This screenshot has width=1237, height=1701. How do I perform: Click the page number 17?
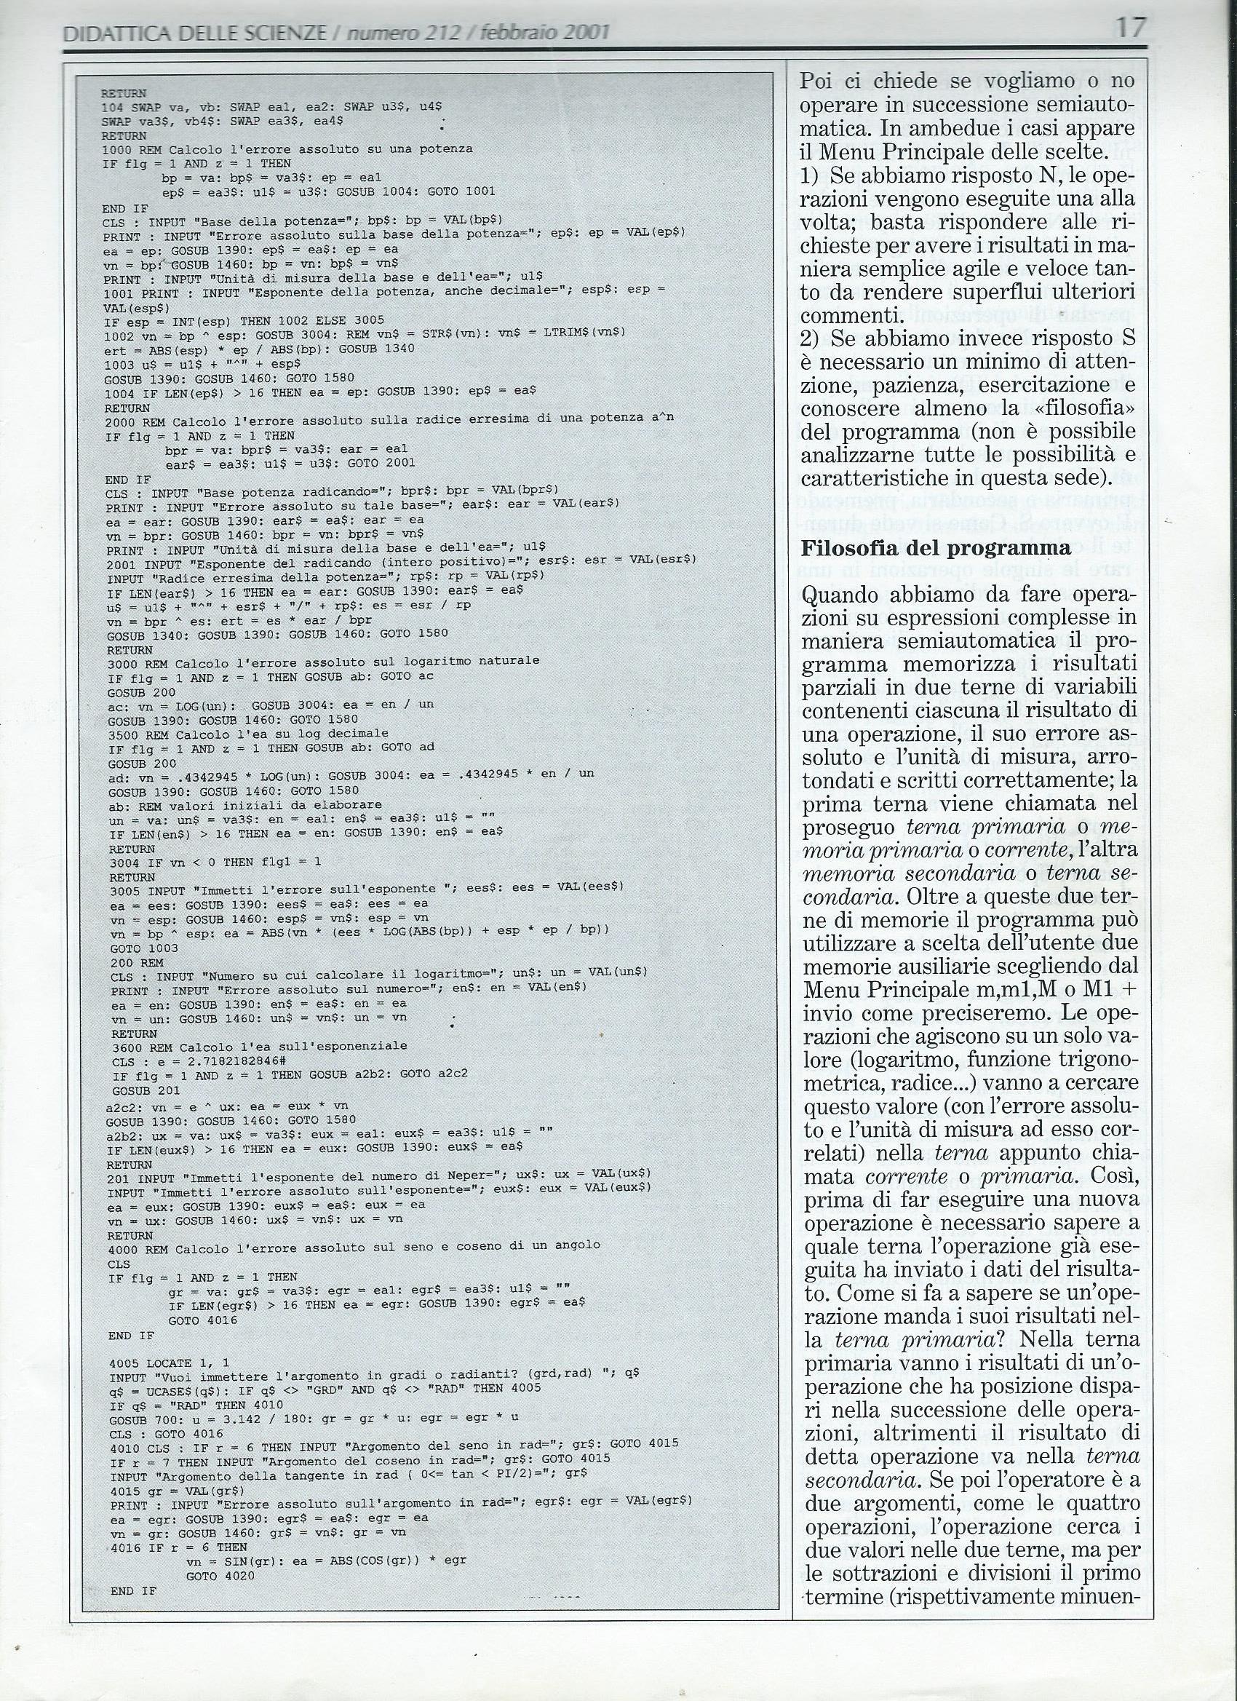1130,28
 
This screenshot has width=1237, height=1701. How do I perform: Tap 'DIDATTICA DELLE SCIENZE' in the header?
195,32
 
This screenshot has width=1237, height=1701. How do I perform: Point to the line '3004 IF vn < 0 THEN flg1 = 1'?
215,862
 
